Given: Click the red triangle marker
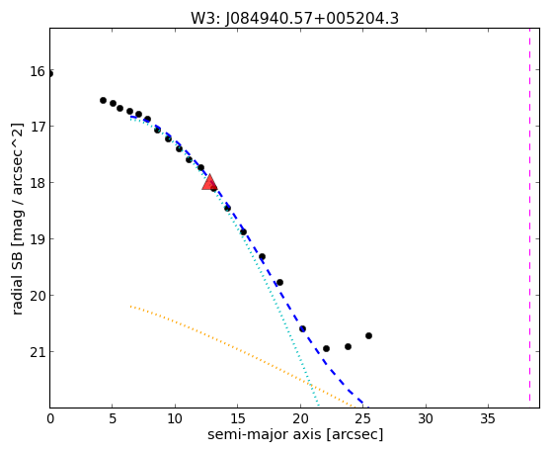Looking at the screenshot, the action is click(x=209, y=182).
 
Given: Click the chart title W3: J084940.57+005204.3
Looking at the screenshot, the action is click(x=294, y=18).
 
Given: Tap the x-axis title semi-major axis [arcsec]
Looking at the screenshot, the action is click(x=295, y=434).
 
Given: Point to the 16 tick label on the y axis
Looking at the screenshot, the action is click(x=38, y=71).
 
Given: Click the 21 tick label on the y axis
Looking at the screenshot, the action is click(x=38, y=352).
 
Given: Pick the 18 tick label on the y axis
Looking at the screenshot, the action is click(x=38, y=183).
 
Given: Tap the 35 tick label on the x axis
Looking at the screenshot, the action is click(x=488, y=418).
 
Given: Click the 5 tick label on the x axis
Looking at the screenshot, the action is click(x=112, y=418).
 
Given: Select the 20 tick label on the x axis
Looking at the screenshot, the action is click(x=300, y=418).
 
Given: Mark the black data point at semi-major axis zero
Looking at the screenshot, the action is click(x=50, y=74).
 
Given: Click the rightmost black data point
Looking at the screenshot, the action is click(x=368, y=335).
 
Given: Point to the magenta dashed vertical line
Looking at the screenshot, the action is click(x=529, y=218).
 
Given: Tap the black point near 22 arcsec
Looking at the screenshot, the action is click(x=326, y=348).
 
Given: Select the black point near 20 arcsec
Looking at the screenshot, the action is click(x=302, y=328).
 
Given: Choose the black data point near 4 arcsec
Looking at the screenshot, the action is click(x=103, y=100).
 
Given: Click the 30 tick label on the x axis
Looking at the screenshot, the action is click(x=426, y=418).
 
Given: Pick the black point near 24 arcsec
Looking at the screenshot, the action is click(x=348, y=346).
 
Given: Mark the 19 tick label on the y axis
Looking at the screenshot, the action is click(x=38, y=239).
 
